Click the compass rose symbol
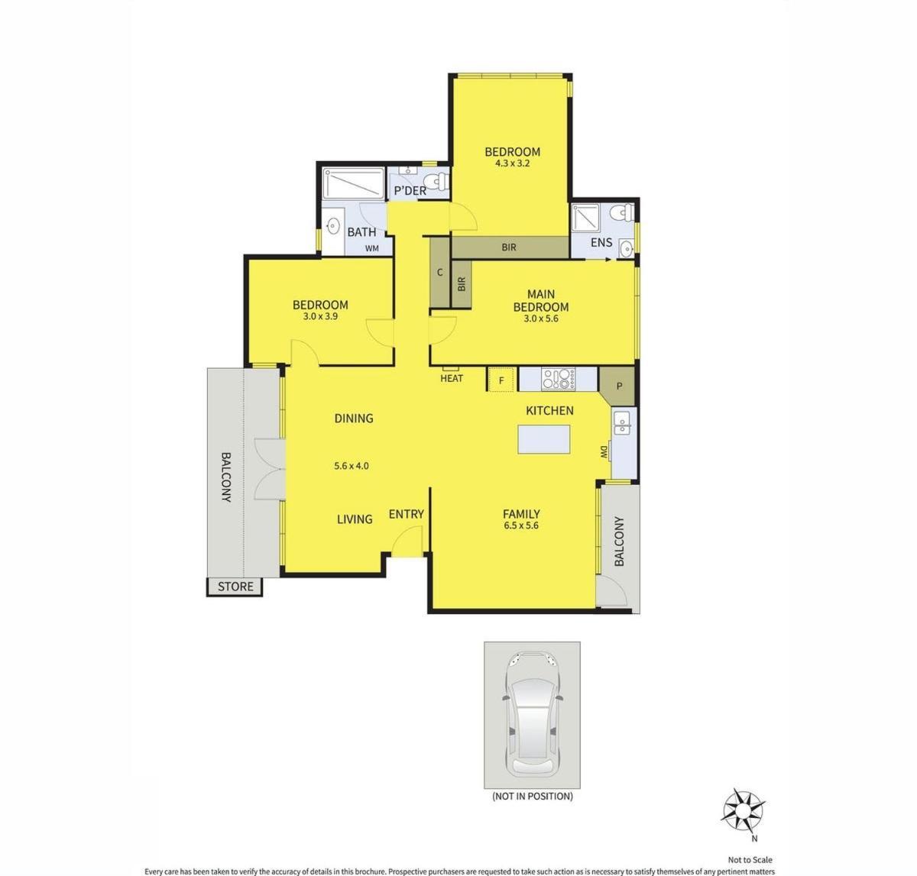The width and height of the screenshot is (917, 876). click(x=743, y=810)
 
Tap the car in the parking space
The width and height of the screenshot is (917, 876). click(x=533, y=715)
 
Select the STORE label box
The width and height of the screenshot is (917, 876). click(x=235, y=587)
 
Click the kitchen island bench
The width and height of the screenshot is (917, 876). click(x=544, y=439)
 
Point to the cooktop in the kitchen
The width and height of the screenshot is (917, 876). click(x=558, y=379)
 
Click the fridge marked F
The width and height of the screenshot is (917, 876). click(x=501, y=380)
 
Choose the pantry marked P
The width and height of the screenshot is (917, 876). click(x=619, y=386)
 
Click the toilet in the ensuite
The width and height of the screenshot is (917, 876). click(x=621, y=212)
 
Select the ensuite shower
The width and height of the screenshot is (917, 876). click(x=585, y=218)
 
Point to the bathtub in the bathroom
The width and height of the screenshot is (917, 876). click(x=354, y=183)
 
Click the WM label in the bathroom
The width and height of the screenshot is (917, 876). click(x=372, y=249)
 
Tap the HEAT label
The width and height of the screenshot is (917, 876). click(x=452, y=378)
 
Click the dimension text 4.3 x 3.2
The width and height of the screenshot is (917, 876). click(x=512, y=163)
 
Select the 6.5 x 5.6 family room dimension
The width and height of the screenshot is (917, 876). click(x=520, y=525)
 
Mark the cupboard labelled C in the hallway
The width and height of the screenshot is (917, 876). click(x=439, y=272)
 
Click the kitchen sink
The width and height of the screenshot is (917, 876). click(x=622, y=422)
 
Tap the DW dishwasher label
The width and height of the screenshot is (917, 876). click(x=604, y=453)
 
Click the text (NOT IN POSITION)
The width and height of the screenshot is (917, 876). click(x=533, y=797)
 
